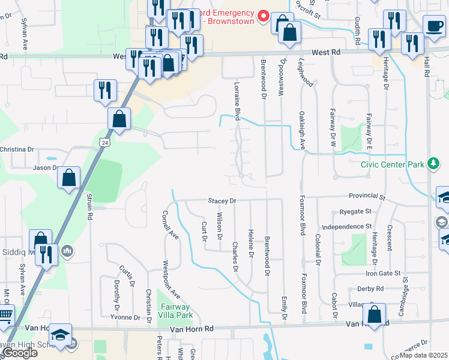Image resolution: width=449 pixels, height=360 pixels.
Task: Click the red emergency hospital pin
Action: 262,16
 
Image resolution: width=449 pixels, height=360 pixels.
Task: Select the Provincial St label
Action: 366,196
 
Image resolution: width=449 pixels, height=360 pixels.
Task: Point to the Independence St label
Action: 347,226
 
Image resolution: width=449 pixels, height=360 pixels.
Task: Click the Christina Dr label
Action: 17,149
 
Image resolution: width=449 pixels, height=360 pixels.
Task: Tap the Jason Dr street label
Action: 45,168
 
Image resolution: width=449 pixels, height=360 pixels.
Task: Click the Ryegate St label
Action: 355,212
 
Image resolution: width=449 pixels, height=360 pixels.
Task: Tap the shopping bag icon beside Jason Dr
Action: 69,178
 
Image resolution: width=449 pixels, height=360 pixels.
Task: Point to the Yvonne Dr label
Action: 125,317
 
